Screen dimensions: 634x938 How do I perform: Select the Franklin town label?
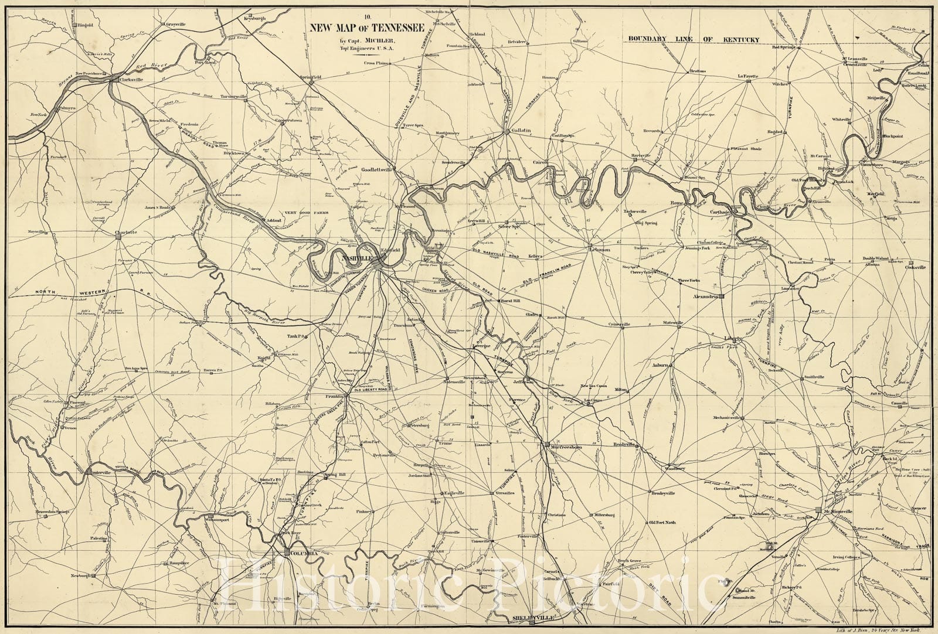[x=333, y=397]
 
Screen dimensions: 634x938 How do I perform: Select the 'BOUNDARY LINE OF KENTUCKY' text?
[x=694, y=40]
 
